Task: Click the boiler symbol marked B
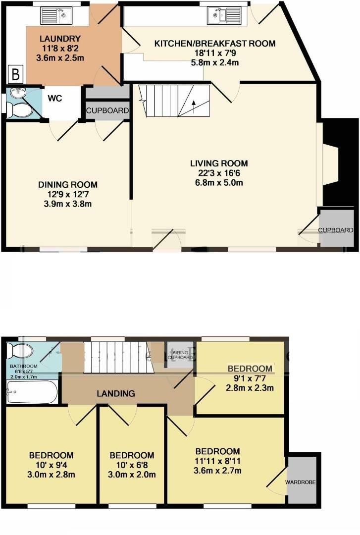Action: pos(15,75)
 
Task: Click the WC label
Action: pos(54,98)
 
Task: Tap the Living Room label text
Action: pos(219,163)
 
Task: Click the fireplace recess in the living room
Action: pos(331,163)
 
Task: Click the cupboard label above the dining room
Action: pos(107,110)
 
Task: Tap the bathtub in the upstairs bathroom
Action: pos(32,392)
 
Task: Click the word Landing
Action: pos(116,394)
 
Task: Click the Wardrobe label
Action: pos(302,481)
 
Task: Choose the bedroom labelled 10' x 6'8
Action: pos(131,465)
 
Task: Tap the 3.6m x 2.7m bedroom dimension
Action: pos(217,471)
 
